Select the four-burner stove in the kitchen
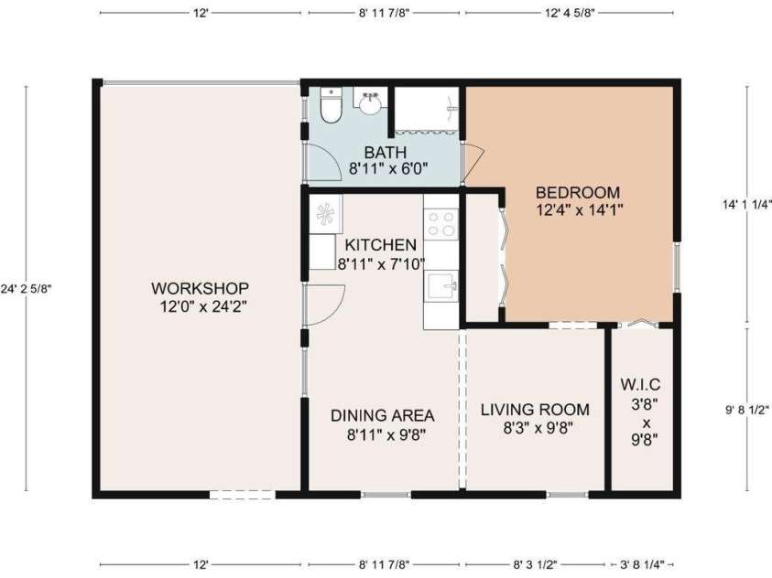click(440, 223)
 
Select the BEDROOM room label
click(577, 193)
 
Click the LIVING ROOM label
click(535, 410)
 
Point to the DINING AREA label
click(382, 414)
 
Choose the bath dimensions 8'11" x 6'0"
click(386, 169)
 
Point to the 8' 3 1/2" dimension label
click(534, 564)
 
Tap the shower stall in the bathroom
click(426, 109)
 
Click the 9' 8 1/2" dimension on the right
click(746, 410)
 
